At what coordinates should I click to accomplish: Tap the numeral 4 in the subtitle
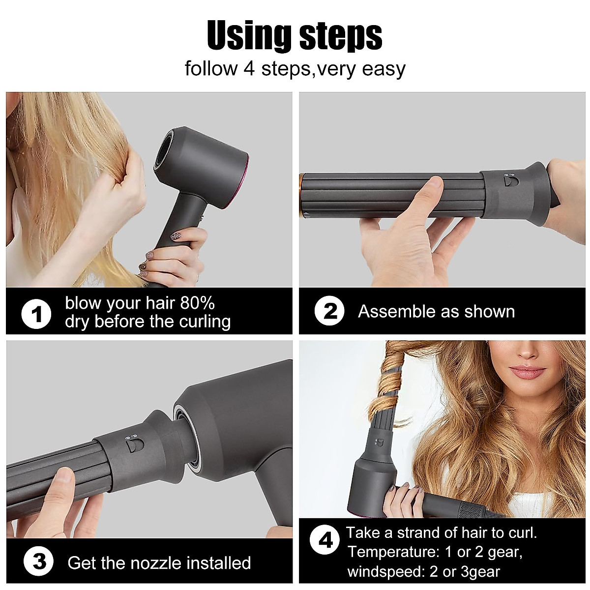pyautogui.click(x=249, y=68)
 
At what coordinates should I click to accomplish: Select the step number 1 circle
pyautogui.click(x=37, y=313)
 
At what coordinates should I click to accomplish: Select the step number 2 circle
pyautogui.click(x=329, y=311)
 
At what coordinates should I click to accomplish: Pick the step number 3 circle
pyautogui.click(x=39, y=561)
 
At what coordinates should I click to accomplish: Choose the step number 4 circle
pyautogui.click(x=325, y=541)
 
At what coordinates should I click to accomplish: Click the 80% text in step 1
pyautogui.click(x=197, y=303)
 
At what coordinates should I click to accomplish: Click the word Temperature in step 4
pyautogui.click(x=391, y=552)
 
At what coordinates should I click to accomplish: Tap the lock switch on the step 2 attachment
pyautogui.click(x=509, y=180)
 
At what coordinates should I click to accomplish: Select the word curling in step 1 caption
pyautogui.click(x=206, y=322)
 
